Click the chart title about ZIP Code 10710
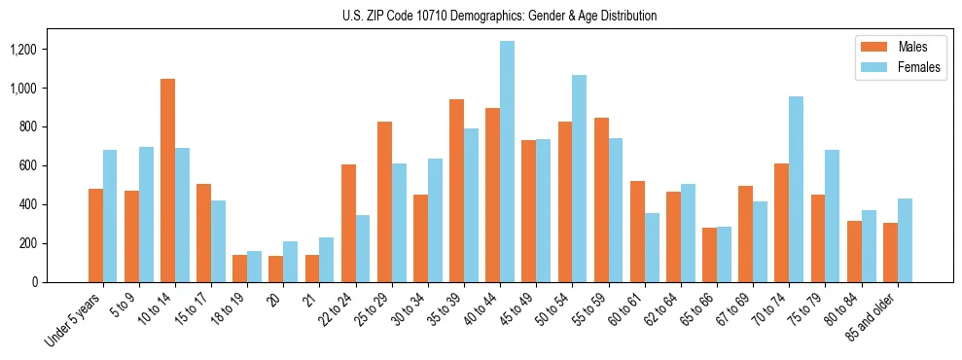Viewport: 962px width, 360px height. click(499, 16)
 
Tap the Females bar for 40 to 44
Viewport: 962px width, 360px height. click(507, 162)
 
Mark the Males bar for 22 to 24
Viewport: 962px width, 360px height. click(348, 223)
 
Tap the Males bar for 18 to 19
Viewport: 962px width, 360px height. click(239, 269)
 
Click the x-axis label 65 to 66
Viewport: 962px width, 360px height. click(698, 308)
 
